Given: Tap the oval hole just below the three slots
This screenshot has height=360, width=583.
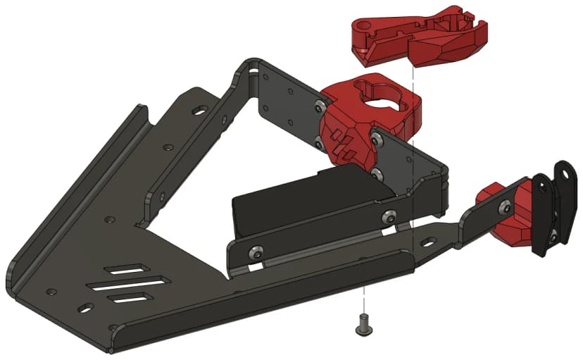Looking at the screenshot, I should [85, 308].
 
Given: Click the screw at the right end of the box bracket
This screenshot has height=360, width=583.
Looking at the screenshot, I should [389, 217].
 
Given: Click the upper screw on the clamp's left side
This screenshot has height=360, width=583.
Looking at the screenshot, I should [322, 106].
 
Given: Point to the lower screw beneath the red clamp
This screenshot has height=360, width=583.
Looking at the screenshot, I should [377, 172].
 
